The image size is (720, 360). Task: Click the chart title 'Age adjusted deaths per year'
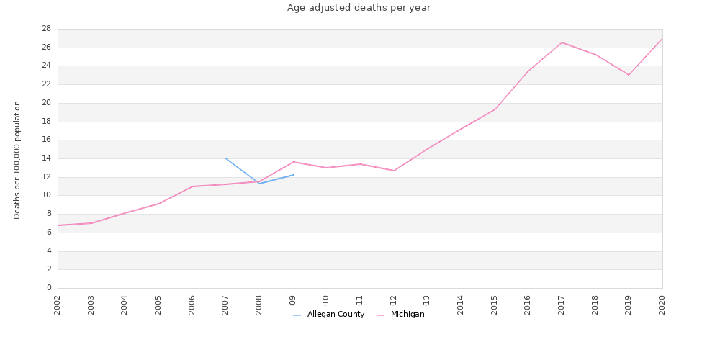[359, 8]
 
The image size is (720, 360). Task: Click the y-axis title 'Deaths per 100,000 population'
[17, 160]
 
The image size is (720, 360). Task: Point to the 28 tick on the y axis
[45, 29]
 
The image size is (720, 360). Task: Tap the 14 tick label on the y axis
[45, 158]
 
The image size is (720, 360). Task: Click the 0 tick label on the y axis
[48, 288]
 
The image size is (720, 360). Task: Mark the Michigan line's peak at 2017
[562, 42]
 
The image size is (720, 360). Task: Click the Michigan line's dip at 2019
[629, 75]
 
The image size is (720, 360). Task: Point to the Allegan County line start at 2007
[225, 158]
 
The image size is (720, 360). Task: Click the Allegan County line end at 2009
[293, 175]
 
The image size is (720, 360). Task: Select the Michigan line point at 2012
[394, 171]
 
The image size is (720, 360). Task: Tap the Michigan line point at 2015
[495, 109]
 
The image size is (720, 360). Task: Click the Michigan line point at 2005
[158, 204]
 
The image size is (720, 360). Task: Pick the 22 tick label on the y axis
[45, 84]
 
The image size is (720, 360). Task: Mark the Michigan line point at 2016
[528, 71]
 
